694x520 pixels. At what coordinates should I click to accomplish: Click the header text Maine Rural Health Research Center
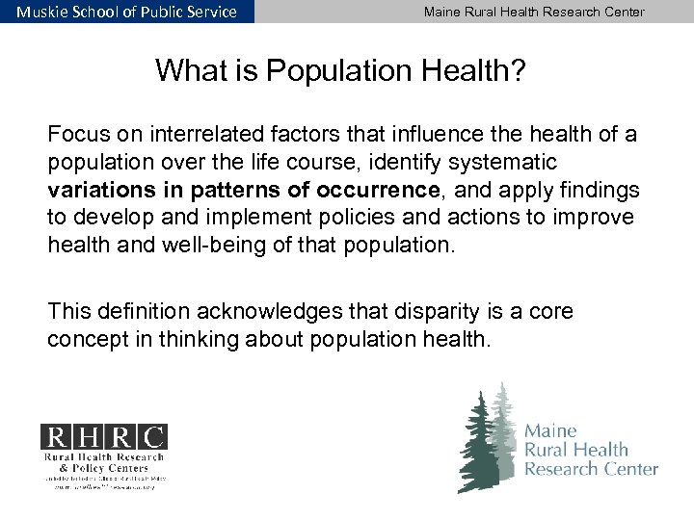[x=536, y=11]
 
